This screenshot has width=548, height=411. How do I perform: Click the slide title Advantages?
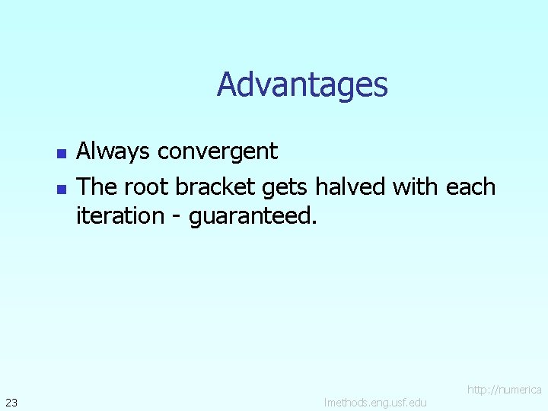point(302,84)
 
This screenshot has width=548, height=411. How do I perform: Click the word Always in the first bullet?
point(114,152)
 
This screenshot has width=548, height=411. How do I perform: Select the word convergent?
point(218,152)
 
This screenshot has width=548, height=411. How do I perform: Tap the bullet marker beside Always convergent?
point(62,154)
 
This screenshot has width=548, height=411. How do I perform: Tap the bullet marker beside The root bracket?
point(62,189)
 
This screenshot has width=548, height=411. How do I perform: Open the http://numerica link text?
point(504,390)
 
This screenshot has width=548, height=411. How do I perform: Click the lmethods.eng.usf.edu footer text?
point(375,402)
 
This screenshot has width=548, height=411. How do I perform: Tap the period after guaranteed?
point(313,223)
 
